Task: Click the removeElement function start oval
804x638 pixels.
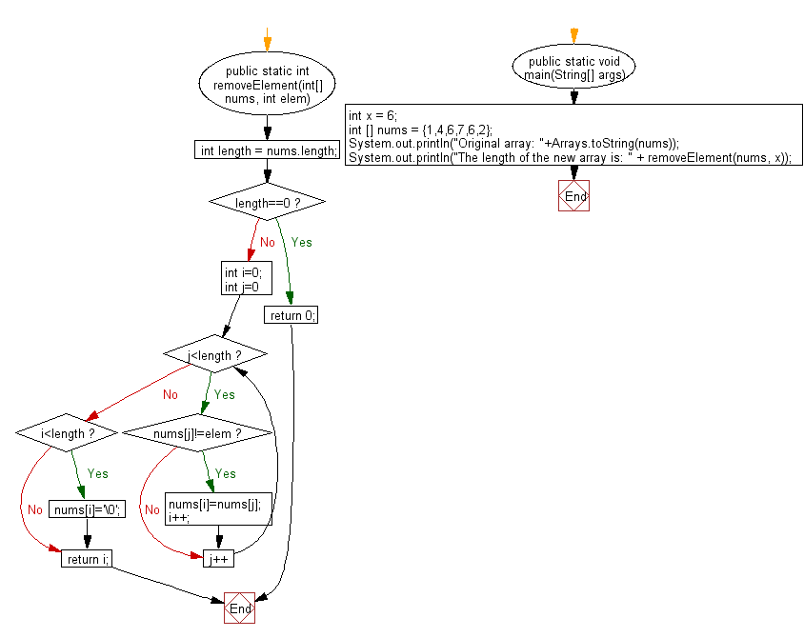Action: tap(267, 84)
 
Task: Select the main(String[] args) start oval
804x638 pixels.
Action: tap(573, 67)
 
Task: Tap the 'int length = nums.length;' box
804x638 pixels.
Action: tap(267, 150)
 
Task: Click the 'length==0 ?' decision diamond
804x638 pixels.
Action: tap(267, 202)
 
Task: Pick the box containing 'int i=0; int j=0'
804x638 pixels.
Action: tap(247, 278)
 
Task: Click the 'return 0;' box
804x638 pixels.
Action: tap(291, 314)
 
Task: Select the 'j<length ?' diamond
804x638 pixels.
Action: tap(215, 354)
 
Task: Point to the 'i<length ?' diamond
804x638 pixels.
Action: tap(67, 433)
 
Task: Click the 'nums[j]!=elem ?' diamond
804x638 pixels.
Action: tap(197, 433)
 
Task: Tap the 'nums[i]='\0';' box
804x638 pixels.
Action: tap(88, 509)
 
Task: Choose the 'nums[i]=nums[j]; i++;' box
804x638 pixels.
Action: tap(218, 509)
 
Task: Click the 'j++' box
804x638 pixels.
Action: tap(219, 559)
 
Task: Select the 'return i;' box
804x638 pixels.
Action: tap(87, 559)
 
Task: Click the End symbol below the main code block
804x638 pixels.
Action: tap(573, 196)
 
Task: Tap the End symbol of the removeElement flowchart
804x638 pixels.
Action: tap(239, 608)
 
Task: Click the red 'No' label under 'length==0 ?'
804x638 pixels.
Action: tap(268, 243)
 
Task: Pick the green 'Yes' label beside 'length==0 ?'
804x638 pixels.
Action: tap(301, 243)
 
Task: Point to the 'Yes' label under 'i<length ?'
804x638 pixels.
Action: tap(97, 473)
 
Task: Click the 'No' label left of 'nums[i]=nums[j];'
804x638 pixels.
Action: tap(152, 509)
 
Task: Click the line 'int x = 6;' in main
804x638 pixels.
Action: tap(372, 116)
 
